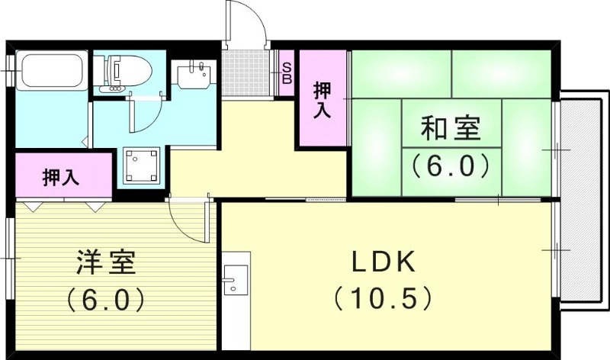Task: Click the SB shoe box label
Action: point(287,72)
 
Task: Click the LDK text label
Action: point(382,263)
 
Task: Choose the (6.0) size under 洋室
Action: point(105,299)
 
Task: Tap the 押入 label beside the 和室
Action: point(323,99)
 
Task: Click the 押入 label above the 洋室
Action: point(60,178)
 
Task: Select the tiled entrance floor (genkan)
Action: point(248,73)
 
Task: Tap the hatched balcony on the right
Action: point(582,206)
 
